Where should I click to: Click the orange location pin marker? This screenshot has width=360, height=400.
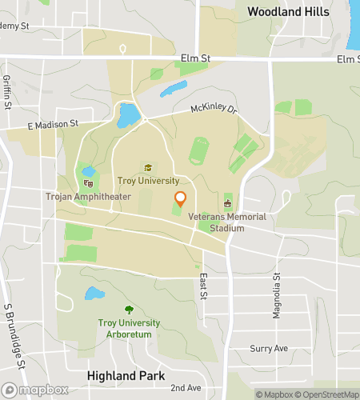coord(180,198)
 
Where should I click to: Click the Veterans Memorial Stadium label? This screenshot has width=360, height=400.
coord(227,222)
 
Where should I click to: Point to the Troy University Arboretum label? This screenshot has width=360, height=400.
coord(129,327)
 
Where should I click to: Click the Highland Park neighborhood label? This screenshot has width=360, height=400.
coord(126,375)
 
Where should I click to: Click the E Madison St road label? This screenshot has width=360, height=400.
coord(52,124)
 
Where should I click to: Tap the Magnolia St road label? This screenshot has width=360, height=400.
coord(277,295)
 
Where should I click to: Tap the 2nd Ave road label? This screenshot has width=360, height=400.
coord(186,386)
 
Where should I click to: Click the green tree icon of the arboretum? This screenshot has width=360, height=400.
coord(129,310)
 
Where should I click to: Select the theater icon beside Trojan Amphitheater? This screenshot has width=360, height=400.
coord(88,182)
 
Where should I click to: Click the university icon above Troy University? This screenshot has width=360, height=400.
coord(147,167)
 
